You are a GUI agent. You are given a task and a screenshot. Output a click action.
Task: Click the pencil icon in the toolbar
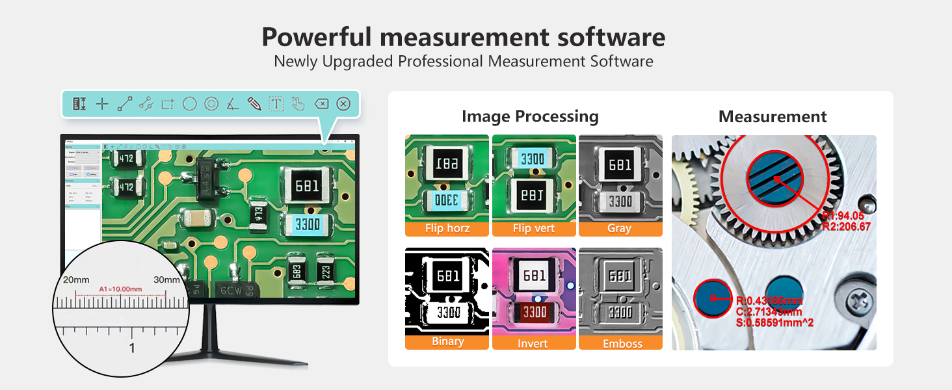click(254, 104)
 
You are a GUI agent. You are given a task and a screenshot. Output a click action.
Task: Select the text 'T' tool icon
click(276, 104)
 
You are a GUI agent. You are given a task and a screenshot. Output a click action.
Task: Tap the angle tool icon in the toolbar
click(233, 104)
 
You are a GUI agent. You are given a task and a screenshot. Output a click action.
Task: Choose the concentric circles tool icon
click(211, 104)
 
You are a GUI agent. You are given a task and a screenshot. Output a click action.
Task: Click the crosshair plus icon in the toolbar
click(102, 104)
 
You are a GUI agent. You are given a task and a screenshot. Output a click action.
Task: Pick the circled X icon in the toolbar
click(344, 104)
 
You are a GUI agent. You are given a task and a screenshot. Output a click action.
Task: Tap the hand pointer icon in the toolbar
click(298, 104)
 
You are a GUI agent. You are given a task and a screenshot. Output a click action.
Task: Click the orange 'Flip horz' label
click(447, 229)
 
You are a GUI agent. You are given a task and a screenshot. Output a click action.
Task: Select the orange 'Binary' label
click(447, 342)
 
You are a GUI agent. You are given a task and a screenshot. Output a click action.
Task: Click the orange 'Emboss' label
click(621, 343)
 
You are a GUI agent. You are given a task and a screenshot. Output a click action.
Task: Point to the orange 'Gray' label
click(620, 229)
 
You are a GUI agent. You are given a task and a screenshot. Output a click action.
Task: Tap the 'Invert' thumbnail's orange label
click(533, 343)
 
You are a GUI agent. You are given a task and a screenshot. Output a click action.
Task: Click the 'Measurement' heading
click(773, 117)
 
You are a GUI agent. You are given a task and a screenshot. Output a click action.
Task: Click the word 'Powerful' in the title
click(317, 37)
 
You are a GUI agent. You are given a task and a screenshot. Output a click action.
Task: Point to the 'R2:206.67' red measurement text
click(846, 227)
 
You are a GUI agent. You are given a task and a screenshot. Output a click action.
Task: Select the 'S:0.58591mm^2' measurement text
click(774, 322)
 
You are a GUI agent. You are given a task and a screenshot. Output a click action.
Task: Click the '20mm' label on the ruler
click(76, 279)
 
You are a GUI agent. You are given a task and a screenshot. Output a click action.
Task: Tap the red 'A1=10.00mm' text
click(120, 289)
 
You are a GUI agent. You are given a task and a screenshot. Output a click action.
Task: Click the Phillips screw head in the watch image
click(858, 300)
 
